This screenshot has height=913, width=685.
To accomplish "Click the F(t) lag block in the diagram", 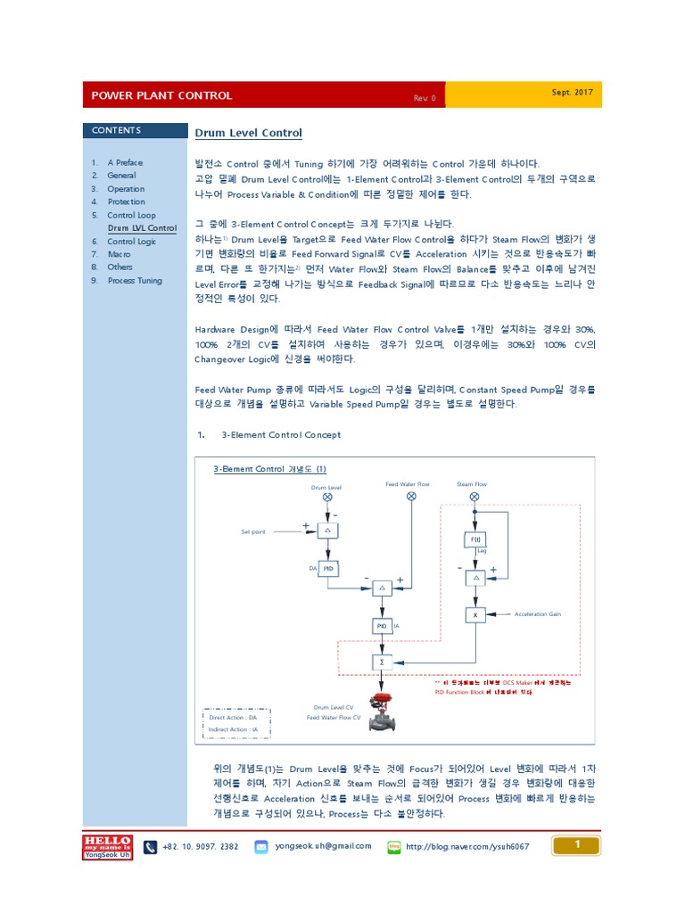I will point(475,540).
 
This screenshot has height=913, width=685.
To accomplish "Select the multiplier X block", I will point(475,614).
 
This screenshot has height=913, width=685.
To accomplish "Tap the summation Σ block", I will point(381,662).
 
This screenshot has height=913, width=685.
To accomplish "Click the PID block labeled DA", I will point(328,568).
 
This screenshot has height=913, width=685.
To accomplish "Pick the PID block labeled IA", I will point(381,627).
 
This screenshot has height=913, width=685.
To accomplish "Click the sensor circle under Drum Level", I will point(327,497).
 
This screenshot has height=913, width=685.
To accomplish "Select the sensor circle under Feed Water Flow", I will point(411,496).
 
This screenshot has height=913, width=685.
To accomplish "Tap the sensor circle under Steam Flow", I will point(475,496).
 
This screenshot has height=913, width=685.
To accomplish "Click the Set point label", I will point(253,531).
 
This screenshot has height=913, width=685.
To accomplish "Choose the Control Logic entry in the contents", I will point(131,242).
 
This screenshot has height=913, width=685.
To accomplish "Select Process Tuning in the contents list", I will point(135,280).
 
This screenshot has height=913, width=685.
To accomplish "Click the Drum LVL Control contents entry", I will point(142,228).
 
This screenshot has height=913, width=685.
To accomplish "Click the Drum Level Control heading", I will point(249,134).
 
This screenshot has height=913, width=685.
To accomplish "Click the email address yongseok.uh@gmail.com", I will point(323,845).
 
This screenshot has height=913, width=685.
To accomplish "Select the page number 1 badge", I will point(577,844).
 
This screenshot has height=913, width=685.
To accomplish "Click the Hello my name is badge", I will point(107,846).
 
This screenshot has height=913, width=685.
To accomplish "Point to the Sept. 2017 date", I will point(572,93).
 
